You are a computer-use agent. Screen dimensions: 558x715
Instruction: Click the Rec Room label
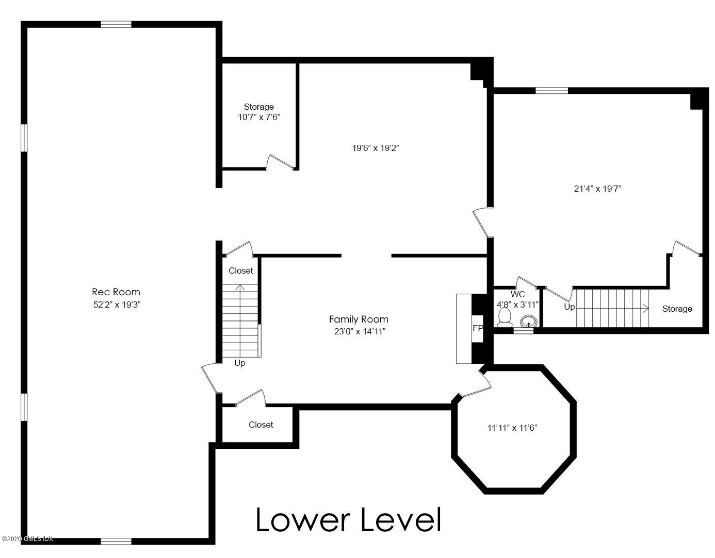tap(116, 292)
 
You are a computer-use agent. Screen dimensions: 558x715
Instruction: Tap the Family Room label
tap(359, 319)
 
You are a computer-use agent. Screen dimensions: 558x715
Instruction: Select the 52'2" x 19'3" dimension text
tap(116, 305)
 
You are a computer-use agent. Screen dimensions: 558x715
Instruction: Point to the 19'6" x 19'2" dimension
tap(376, 148)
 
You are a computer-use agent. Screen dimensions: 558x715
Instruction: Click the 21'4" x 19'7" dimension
tap(597, 189)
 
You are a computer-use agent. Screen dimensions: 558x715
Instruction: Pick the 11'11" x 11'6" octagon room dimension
tap(512, 428)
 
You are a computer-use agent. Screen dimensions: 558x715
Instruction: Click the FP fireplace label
tap(477, 328)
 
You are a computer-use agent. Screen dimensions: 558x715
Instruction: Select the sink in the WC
tap(528, 322)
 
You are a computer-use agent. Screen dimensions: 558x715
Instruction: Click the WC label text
tap(517, 294)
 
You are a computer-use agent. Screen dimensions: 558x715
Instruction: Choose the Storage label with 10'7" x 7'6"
tap(258, 107)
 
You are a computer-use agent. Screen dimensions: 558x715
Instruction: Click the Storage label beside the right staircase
tap(677, 309)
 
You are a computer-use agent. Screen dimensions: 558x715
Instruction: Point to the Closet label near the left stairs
tap(241, 270)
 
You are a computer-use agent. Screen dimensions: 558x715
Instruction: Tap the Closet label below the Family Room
tap(261, 425)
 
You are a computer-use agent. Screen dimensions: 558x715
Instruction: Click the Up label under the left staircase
tap(240, 363)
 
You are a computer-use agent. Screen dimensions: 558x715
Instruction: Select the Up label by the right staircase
tap(569, 307)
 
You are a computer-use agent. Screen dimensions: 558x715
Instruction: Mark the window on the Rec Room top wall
tap(116, 24)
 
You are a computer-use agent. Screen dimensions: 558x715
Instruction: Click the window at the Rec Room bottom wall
tap(116, 541)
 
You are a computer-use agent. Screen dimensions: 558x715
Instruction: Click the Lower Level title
tap(348, 520)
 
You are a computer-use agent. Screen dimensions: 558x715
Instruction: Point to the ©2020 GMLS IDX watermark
tap(27, 539)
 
